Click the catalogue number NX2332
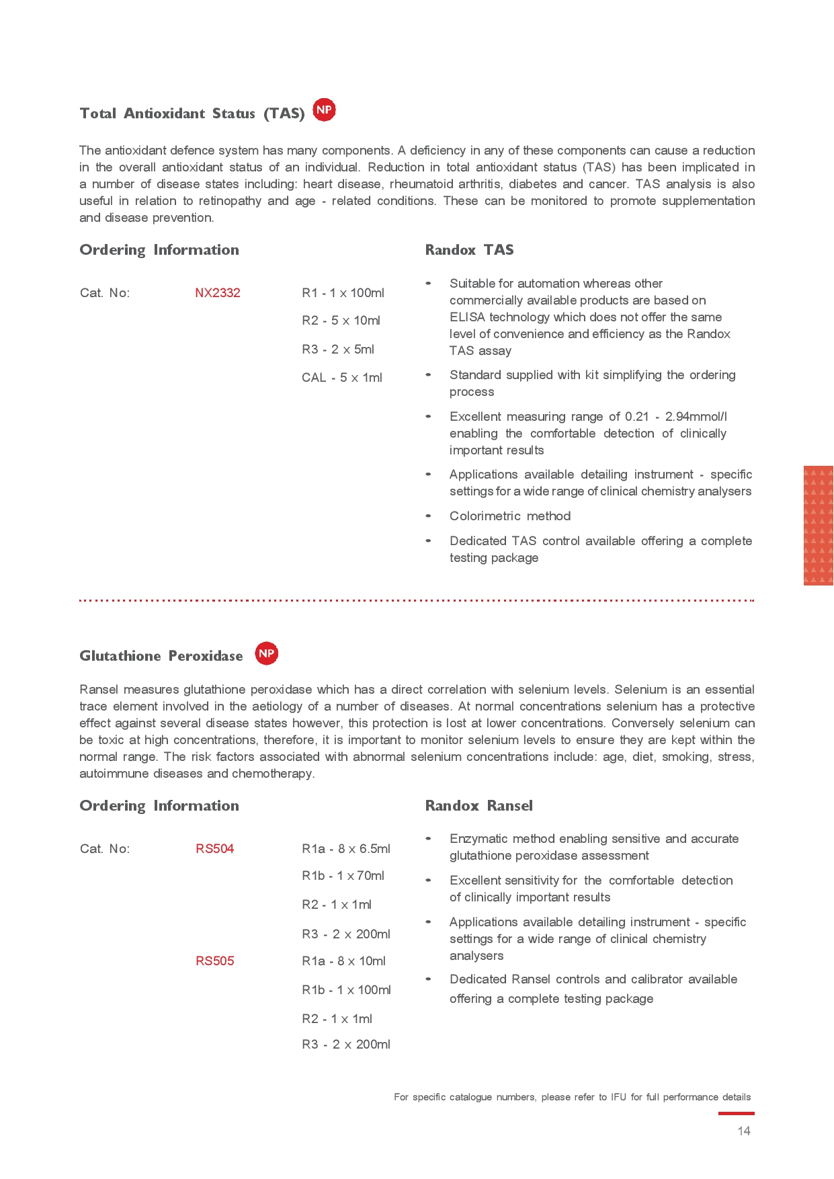tap(217, 293)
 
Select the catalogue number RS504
tap(214, 849)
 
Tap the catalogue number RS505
tap(214, 961)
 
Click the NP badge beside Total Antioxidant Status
tap(324, 110)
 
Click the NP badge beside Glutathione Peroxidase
tap(266, 653)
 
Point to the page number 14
tap(743, 1131)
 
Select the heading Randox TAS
tap(469, 250)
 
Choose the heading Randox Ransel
tap(478, 806)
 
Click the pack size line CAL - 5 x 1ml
tap(341, 378)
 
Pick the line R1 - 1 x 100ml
tap(343, 293)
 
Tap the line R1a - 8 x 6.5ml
tap(345, 849)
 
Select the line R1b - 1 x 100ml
tap(346, 990)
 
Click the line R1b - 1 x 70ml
tap(343, 876)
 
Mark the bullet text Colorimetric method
tap(509, 516)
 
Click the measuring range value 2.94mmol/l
tap(696, 417)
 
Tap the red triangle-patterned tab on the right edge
tap(818, 526)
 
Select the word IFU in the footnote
tap(618, 1097)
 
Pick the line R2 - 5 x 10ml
tap(341, 321)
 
